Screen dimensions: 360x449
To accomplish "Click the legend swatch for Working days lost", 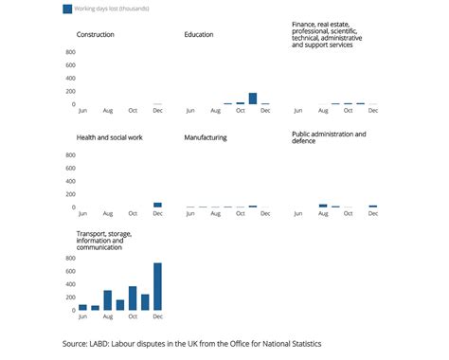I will tap(67, 9).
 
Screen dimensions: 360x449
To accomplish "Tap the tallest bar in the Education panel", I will tap(253, 99).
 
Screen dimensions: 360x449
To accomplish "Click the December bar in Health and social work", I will tap(157, 205).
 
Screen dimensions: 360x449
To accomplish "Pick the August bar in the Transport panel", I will tap(108, 299).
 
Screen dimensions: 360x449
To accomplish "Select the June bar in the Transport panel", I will tap(83, 307).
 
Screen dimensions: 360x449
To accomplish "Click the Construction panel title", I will tap(96, 35).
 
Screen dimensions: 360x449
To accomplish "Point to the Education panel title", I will tap(199, 35).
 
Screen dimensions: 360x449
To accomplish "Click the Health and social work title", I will tap(109, 138).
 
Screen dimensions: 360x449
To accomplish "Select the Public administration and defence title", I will tap(329, 137).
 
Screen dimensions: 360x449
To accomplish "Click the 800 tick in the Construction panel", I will tap(70, 52).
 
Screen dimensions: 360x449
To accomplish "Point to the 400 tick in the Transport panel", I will tap(70, 284).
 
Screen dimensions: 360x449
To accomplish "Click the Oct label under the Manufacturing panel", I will tap(241, 214).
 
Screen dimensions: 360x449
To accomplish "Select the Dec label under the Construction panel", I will tap(157, 111).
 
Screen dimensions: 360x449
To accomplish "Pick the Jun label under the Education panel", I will tap(190, 111).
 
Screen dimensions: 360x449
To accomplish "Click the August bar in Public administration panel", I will tap(323, 206).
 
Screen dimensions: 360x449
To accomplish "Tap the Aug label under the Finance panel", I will tap(323, 111).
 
